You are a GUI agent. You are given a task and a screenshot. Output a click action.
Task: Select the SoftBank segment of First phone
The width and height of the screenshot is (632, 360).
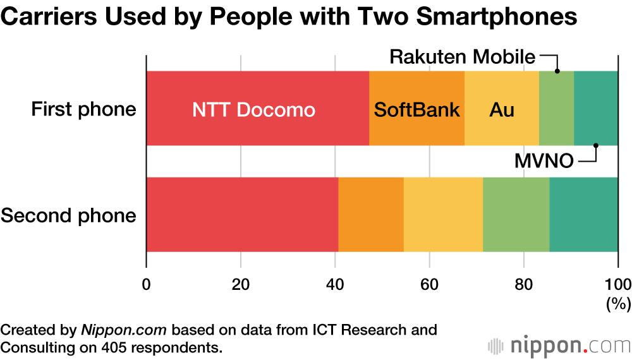coord(416,109)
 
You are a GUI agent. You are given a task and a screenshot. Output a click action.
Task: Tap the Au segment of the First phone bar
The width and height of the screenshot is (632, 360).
coord(502,109)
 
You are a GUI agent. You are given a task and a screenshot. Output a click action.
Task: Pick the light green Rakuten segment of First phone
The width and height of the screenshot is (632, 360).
coord(556,109)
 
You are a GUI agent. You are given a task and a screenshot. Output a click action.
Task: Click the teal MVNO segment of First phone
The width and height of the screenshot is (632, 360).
coord(596,109)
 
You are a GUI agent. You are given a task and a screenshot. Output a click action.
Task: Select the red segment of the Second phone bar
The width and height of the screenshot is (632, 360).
coord(242,215)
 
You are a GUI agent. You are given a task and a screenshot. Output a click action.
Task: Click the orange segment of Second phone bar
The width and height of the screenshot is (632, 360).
coord(371,215)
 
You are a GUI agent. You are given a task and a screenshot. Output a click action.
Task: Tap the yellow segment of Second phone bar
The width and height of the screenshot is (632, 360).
coord(443,215)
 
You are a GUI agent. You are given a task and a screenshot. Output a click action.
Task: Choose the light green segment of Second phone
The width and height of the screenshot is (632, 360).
coord(516,215)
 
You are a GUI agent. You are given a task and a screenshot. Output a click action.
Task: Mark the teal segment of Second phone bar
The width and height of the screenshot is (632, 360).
coord(583,215)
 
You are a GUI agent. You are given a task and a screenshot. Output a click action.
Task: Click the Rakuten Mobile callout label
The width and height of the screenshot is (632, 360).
coord(462,57)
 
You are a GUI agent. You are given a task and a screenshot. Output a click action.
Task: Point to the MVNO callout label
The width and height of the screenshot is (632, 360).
coord(544,162)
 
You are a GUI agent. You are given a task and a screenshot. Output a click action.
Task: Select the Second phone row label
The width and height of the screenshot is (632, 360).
coord(68,215)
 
